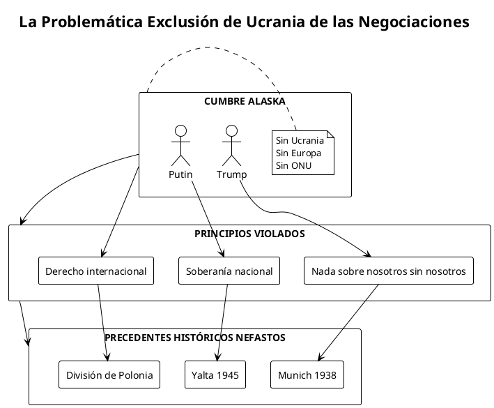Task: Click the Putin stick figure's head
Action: pyautogui.click(x=180, y=130)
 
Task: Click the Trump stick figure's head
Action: pyautogui.click(x=231, y=130)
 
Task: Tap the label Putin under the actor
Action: pyautogui.click(x=180, y=174)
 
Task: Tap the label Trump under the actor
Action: pyautogui.click(x=231, y=174)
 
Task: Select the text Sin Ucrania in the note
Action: pyautogui.click(x=300, y=140)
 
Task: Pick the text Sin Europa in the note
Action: pyautogui.click(x=298, y=153)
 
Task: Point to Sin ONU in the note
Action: pyautogui.click(x=293, y=165)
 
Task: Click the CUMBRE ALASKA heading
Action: pyautogui.click(x=245, y=101)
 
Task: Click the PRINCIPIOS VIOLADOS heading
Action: pyautogui.click(x=249, y=234)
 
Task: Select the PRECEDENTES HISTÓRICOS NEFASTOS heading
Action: pyautogui.click(x=194, y=338)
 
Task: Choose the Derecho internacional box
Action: pyautogui.click(x=95, y=271)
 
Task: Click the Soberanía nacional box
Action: pyautogui.click(x=229, y=271)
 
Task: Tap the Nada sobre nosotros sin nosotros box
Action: pyautogui.click(x=388, y=271)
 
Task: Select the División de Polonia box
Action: pyautogui.click(x=109, y=375)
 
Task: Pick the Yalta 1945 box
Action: pyautogui.click(x=215, y=375)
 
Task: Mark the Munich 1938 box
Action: pyautogui.click(x=307, y=375)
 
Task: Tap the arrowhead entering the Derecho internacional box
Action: pyautogui.click(x=102, y=255)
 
